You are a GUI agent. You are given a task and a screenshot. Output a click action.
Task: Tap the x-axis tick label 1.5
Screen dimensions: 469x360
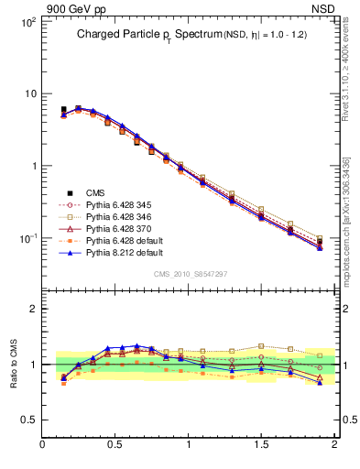pos(261,445)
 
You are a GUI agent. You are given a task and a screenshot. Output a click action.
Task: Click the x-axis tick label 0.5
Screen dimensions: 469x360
pos(115,445)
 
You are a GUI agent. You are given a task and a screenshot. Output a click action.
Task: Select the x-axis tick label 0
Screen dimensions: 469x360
pos(43,445)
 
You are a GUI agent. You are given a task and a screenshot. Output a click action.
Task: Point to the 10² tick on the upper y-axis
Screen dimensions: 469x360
pos(27,21)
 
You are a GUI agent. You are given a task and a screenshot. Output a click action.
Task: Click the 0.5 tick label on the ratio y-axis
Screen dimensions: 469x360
pos(29,420)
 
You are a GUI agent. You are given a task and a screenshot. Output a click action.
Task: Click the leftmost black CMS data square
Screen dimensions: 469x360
pos(63,110)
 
